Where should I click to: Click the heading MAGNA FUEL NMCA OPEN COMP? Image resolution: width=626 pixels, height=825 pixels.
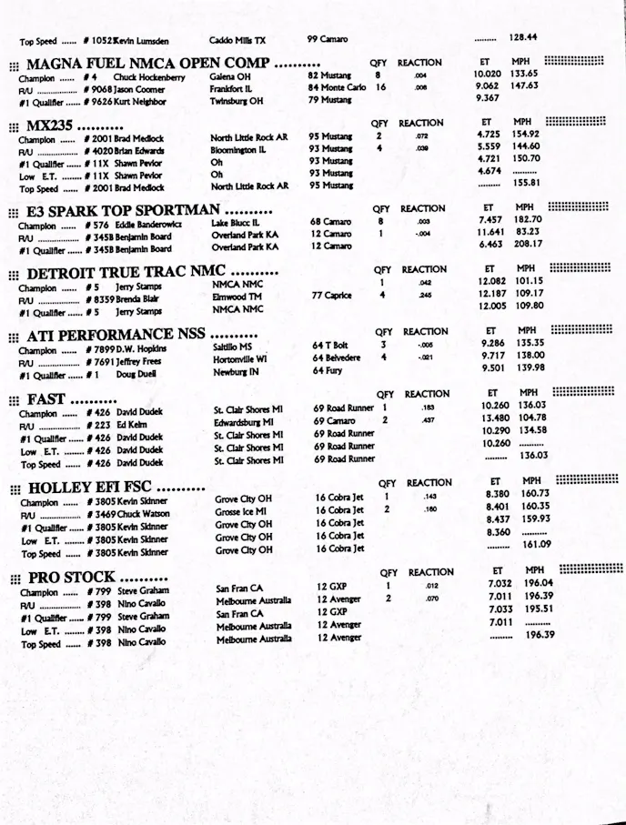147,64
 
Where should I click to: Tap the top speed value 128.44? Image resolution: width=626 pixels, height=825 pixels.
523,37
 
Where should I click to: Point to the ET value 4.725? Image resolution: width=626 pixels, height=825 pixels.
490,134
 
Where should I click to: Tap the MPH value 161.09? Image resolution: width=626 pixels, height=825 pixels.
537,544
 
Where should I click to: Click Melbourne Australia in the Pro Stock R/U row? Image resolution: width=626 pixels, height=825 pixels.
253,601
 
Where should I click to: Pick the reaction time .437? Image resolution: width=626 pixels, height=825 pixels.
429,420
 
